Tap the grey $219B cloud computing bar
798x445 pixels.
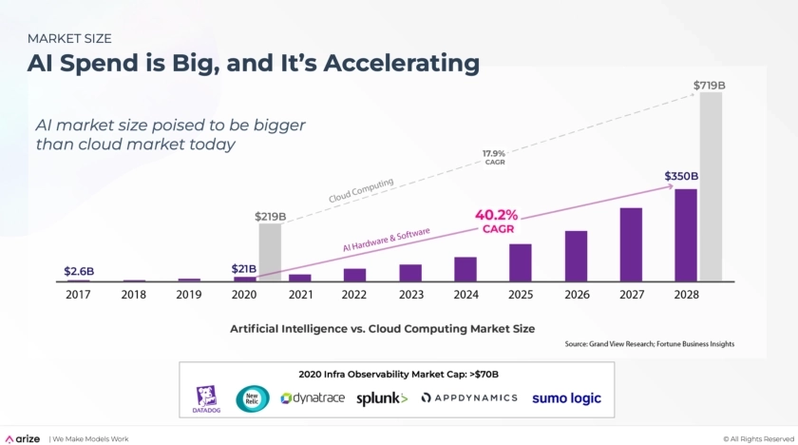coord(271,252)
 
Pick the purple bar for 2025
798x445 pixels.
coord(520,262)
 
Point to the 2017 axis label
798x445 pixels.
coord(78,295)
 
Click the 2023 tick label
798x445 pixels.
coord(410,295)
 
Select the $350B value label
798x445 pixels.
coord(681,177)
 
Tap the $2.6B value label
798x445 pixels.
coord(79,271)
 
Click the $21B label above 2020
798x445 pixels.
coord(244,269)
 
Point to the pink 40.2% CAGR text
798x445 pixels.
coord(496,221)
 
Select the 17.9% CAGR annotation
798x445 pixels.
coord(494,157)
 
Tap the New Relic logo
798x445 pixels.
coord(254,398)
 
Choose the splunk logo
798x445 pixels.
coord(382,398)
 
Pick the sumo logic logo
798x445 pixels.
coord(566,398)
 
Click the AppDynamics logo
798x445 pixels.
coord(469,398)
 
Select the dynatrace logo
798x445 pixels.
coord(313,398)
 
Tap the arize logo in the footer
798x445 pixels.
coord(23,438)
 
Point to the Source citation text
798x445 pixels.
coord(649,343)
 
